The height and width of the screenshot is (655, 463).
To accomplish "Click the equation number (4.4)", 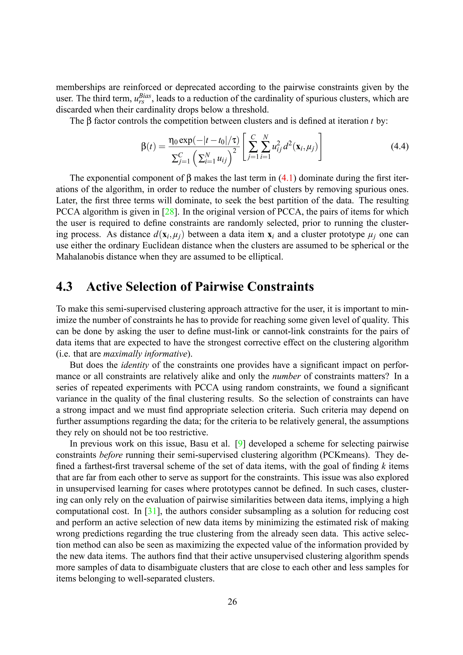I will [x=399, y=147].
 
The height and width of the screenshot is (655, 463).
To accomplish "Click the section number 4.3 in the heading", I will [x=64, y=286].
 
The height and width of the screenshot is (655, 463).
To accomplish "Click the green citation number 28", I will [x=169, y=212].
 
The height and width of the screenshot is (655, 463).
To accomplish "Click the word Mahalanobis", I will [x=80, y=257].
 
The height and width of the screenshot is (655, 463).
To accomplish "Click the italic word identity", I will [x=135, y=365].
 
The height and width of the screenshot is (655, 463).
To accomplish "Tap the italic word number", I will [x=286, y=376].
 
